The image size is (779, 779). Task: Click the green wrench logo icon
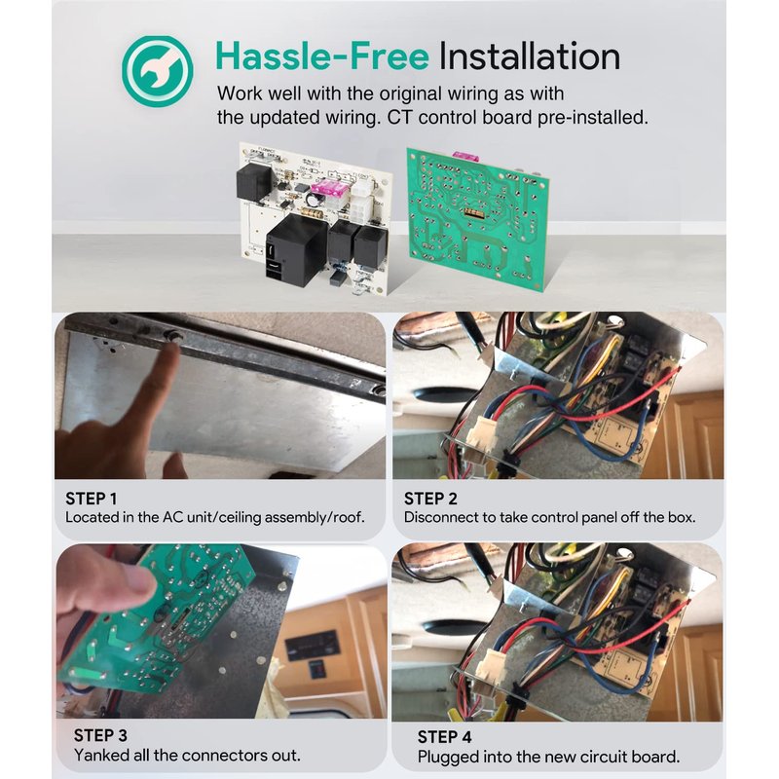(x=158, y=71)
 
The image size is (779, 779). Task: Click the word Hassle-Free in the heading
(x=322, y=56)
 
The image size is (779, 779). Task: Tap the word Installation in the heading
(x=530, y=56)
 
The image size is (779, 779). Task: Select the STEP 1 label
(x=92, y=499)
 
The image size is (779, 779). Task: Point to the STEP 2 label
(x=430, y=499)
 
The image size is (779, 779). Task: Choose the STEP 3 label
(x=100, y=735)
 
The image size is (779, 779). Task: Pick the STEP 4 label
(x=445, y=737)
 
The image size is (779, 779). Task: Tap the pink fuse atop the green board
(x=464, y=155)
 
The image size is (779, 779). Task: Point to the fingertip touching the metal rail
(x=171, y=349)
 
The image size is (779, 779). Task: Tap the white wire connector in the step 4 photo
(x=490, y=666)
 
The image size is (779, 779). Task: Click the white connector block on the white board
(x=364, y=203)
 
